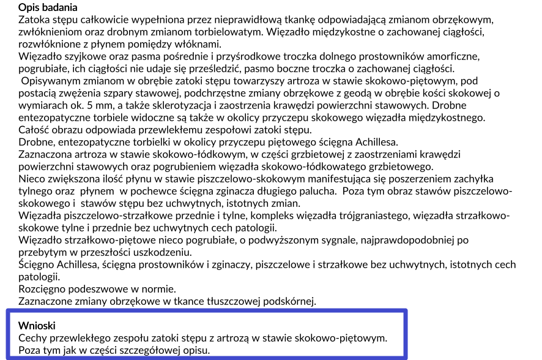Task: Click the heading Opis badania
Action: pyautogui.click(x=48, y=8)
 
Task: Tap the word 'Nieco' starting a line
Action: pyautogui.click(x=32, y=179)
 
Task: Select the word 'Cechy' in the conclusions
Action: pyautogui.click(x=33, y=337)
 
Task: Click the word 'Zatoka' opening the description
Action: pyautogui.click(x=34, y=20)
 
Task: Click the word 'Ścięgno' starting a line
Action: pyautogui.click(x=37, y=264)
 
